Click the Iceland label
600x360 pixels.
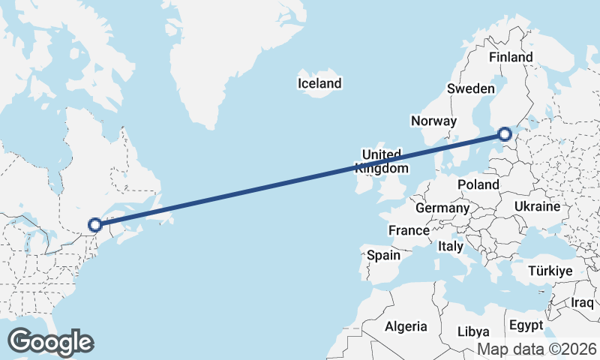pyautogui.click(x=319, y=83)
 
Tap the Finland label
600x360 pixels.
pyautogui.click(x=510, y=57)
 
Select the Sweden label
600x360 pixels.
pyautogui.click(x=470, y=88)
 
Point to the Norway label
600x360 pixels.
pyautogui.click(x=433, y=121)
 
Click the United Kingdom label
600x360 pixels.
pyautogui.click(x=382, y=160)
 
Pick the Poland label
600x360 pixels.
pyautogui.click(x=478, y=184)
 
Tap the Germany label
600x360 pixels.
pyautogui.click(x=442, y=208)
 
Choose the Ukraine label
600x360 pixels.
pyautogui.click(x=537, y=206)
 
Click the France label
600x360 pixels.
pyautogui.click(x=409, y=230)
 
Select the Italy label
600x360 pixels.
pyautogui.click(x=451, y=245)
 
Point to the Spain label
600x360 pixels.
pyautogui.click(x=383, y=255)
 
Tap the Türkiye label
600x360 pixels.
pyautogui.click(x=550, y=271)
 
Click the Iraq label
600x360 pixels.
pyautogui.click(x=582, y=302)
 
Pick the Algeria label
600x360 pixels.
pyautogui.click(x=406, y=326)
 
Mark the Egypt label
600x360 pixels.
pyautogui.click(x=525, y=325)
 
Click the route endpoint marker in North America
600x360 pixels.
pyautogui.click(x=94, y=224)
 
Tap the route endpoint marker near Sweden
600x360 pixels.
pyautogui.click(x=505, y=134)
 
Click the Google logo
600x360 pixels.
pyautogui.click(x=51, y=342)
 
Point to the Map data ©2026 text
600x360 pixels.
pyautogui.click(x=537, y=349)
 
